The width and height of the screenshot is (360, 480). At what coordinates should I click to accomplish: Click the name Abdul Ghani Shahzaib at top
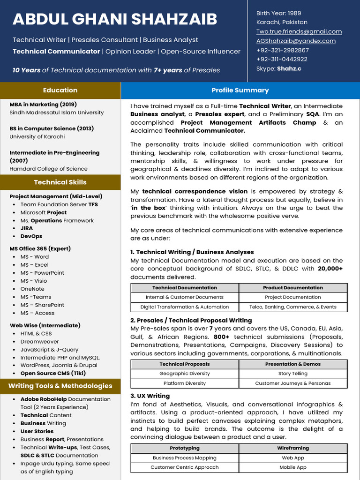coord(115,19)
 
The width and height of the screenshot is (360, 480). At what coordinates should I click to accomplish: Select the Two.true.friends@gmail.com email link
coord(299,31)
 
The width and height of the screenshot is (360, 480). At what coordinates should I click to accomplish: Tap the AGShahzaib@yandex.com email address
coord(296,41)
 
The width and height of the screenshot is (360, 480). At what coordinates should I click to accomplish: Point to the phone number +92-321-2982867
coord(282,50)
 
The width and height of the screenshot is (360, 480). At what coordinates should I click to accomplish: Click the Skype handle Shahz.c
coord(289,68)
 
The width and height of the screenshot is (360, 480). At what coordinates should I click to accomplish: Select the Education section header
coord(60,90)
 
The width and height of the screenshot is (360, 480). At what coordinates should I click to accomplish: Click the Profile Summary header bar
coord(240,90)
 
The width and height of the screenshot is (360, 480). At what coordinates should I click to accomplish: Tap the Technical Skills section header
coord(60,182)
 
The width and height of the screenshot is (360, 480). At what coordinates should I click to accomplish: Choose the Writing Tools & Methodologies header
coord(60,386)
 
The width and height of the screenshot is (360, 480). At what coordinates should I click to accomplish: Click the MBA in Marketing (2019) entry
coord(43,105)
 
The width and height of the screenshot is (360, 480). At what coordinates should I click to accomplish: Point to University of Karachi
coord(37,136)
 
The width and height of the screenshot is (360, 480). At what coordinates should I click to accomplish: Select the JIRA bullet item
coord(27,228)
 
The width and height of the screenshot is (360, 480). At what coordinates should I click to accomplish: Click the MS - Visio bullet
coord(34,281)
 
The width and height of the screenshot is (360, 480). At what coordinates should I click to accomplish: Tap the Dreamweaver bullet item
coord(39,341)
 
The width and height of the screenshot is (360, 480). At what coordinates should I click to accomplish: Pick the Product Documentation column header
coord(293,288)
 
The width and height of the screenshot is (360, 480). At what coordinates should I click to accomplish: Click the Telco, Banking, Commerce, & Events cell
coord(293,307)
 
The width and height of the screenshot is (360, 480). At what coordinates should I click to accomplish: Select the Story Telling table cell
coord(293,374)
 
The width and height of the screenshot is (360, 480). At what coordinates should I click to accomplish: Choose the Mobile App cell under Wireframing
coord(293,467)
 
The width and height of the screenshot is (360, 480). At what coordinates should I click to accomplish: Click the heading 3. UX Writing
coord(150,396)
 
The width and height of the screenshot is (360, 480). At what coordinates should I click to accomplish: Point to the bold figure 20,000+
coord(330,269)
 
